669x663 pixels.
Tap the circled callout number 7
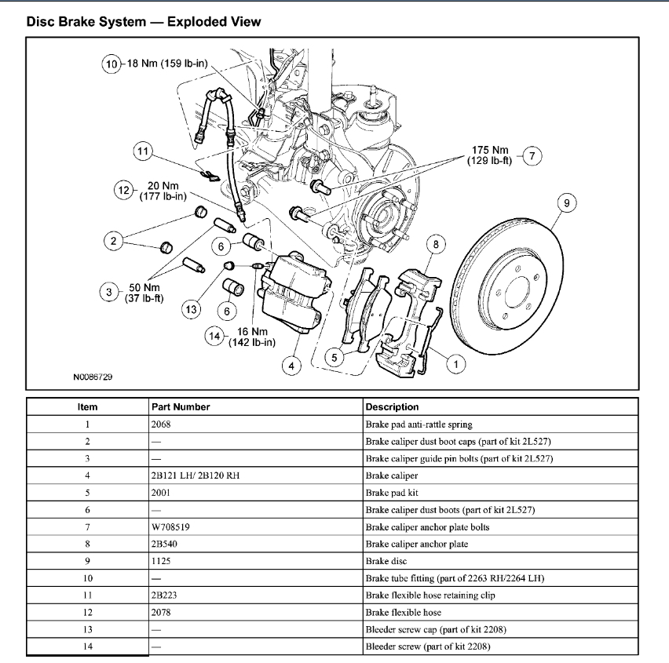[532, 155]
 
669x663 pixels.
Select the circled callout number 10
[111, 64]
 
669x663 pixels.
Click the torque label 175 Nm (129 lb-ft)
[491, 155]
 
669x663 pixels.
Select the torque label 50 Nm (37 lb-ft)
[145, 293]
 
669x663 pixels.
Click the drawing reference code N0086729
[93, 377]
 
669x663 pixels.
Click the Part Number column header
[181, 407]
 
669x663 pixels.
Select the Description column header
[392, 407]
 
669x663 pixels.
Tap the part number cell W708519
[170, 527]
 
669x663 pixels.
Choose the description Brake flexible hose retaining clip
[430, 596]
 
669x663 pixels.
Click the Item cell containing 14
[87, 647]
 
